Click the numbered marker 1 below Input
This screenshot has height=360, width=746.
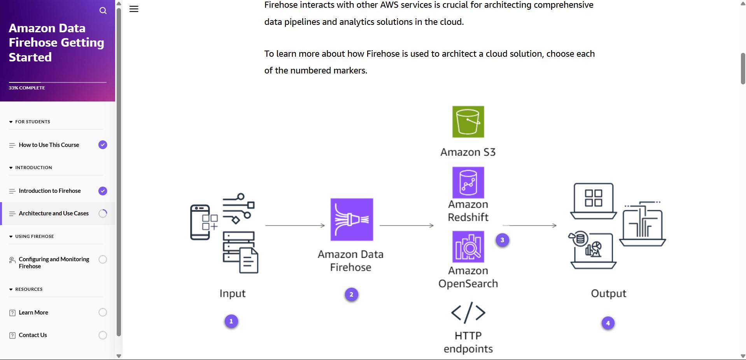(x=231, y=322)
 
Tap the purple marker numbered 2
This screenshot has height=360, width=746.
(x=351, y=295)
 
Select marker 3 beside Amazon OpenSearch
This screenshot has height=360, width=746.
(x=502, y=240)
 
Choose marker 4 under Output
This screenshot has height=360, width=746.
(x=608, y=323)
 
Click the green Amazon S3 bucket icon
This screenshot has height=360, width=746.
(x=468, y=122)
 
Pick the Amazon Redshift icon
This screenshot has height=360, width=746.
(x=468, y=183)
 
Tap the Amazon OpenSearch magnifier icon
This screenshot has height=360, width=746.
(x=468, y=247)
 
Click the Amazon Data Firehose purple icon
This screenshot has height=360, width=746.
(x=352, y=220)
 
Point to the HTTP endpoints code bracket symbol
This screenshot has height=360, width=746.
(x=468, y=313)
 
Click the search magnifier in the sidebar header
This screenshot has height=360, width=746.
(x=103, y=10)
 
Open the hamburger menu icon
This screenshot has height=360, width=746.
(x=134, y=9)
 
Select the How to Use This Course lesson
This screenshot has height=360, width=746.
(x=49, y=145)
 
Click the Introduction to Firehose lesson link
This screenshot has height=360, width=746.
(x=50, y=191)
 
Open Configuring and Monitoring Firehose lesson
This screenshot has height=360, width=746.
(x=54, y=263)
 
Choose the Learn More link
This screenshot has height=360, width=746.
(x=33, y=313)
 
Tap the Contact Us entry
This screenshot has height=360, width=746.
(x=33, y=335)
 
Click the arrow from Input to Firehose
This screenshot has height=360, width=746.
(x=295, y=225)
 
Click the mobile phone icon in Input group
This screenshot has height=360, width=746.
(x=200, y=222)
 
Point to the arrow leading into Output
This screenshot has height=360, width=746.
(x=529, y=225)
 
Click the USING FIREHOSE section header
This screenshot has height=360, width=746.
(x=34, y=236)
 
